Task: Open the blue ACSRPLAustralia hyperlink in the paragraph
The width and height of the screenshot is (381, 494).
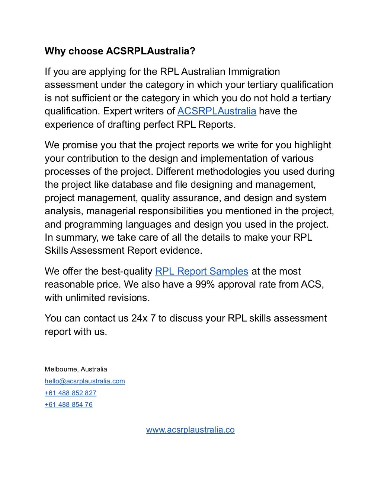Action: pos(217,111)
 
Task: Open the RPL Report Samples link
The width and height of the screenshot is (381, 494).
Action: pos(201,271)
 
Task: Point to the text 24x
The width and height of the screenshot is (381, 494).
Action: pos(139,318)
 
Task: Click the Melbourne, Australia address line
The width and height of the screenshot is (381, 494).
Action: pos(76,369)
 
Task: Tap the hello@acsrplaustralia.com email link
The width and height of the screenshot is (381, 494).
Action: pos(85,381)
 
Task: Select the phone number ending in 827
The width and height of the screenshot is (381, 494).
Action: pos(70,393)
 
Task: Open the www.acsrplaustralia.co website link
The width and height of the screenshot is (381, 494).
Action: pos(190,430)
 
